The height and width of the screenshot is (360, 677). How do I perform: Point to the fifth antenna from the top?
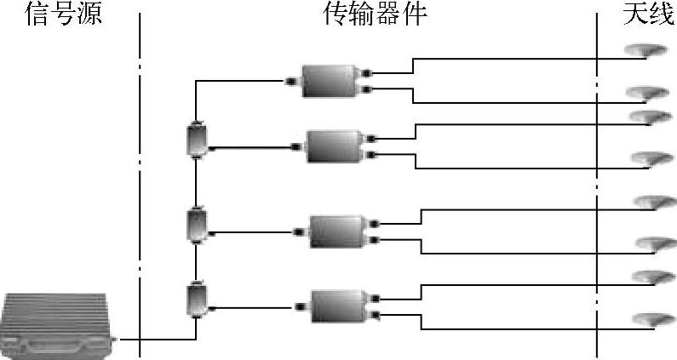point(652,203)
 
